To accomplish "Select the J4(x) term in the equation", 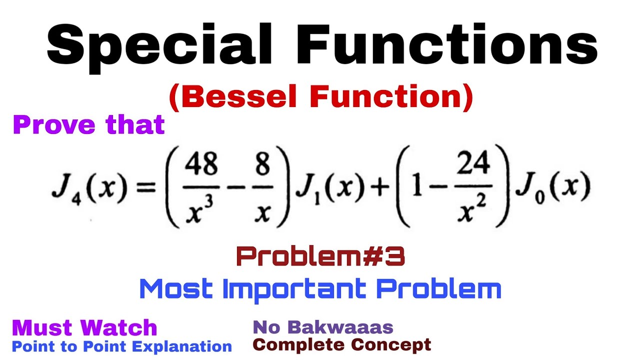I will click(87, 190).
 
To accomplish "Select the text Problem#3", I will click(320, 257).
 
